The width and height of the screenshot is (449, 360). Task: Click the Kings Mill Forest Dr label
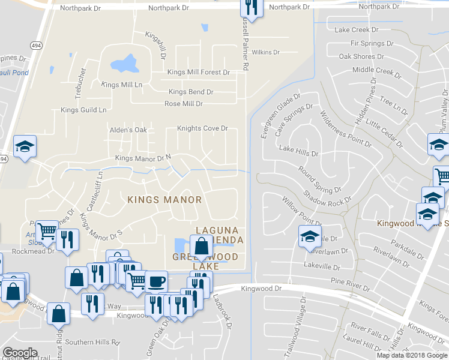pyautogui.click(x=199, y=73)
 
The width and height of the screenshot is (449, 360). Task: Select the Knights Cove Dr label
pyautogui.click(x=202, y=128)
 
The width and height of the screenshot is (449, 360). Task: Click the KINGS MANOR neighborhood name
pyautogui.click(x=164, y=199)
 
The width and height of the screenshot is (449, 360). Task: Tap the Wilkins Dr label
pyautogui.click(x=266, y=52)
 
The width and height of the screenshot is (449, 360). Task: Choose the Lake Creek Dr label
pyautogui.click(x=355, y=29)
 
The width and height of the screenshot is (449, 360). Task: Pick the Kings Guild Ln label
pyautogui.click(x=83, y=110)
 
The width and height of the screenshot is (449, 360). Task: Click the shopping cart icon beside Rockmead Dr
pyautogui.click(x=47, y=231)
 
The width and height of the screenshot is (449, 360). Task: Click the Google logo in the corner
pyautogui.click(x=20, y=353)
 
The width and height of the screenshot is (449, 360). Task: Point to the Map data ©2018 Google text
pyautogui.click(x=412, y=355)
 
